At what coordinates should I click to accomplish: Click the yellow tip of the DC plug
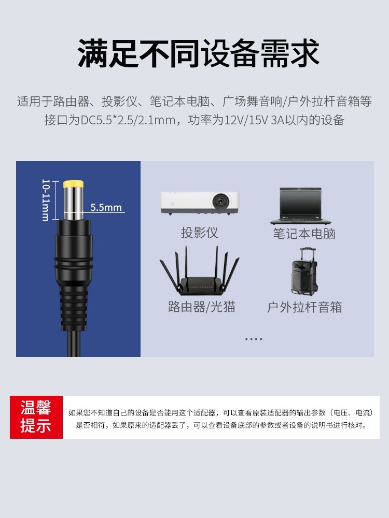click(x=74, y=184)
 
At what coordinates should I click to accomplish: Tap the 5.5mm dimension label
click(x=106, y=208)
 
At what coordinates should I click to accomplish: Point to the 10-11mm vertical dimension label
click(x=46, y=200)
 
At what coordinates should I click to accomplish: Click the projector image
click(x=200, y=203)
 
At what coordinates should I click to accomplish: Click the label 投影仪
click(x=200, y=233)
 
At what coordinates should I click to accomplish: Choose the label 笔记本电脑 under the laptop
click(x=304, y=234)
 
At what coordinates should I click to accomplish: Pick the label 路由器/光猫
click(x=202, y=307)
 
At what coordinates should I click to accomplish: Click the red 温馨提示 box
click(x=36, y=417)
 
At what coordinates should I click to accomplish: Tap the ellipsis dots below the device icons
click(x=254, y=339)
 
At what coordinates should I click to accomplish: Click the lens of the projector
click(x=221, y=200)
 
